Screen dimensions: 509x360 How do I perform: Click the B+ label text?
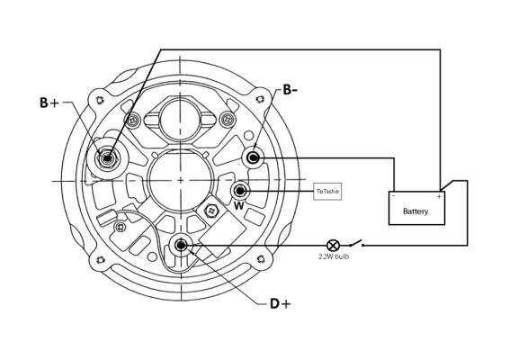point(49,103)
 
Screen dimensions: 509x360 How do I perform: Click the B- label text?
point(290,90)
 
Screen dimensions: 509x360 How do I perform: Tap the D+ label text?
point(281,304)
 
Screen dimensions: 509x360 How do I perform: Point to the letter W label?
point(239,206)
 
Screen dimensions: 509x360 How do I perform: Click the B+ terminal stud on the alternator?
point(107,158)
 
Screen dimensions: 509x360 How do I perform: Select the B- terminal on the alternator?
point(253,158)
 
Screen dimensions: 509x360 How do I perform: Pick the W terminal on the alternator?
point(240,191)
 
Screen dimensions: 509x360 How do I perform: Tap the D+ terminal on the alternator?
point(181,246)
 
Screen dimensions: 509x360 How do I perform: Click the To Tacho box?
point(327,192)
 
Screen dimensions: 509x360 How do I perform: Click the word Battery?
point(415,211)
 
